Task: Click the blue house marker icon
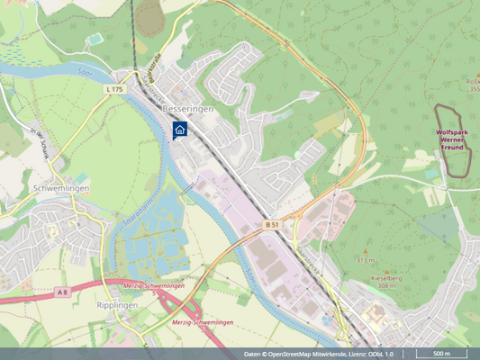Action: (x=179, y=130)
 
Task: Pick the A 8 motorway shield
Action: (x=61, y=292)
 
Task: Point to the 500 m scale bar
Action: (x=443, y=354)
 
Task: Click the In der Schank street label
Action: (x=38, y=144)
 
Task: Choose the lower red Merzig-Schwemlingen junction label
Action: (x=202, y=322)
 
